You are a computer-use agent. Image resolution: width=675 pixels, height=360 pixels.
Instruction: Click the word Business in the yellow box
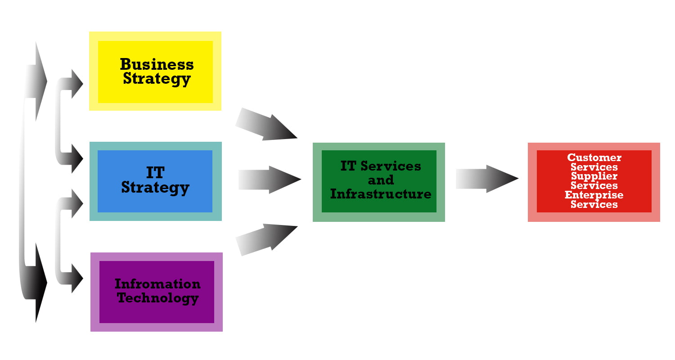157,64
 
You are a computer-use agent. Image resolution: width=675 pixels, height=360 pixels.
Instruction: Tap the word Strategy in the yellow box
157,79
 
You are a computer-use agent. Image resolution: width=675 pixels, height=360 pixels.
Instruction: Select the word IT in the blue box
155,173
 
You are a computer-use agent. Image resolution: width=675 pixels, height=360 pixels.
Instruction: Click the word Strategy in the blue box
155,187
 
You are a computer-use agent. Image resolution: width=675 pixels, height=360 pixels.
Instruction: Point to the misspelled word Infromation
157,284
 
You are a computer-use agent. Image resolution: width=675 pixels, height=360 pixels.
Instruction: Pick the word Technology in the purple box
158,298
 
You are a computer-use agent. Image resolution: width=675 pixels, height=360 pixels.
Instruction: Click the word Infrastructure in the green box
381,194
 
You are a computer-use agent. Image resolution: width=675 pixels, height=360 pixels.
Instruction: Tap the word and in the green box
381,180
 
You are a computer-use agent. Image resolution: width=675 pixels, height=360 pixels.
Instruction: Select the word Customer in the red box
594,157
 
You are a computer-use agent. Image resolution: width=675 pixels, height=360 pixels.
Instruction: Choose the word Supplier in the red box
594,176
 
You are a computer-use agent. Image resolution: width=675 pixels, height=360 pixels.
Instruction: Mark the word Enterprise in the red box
594,195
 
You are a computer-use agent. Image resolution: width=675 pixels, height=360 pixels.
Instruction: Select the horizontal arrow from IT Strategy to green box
269,180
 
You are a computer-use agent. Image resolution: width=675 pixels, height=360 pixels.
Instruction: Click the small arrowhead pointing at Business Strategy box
77,84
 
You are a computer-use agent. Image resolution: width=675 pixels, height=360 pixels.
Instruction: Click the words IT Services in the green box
381,166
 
